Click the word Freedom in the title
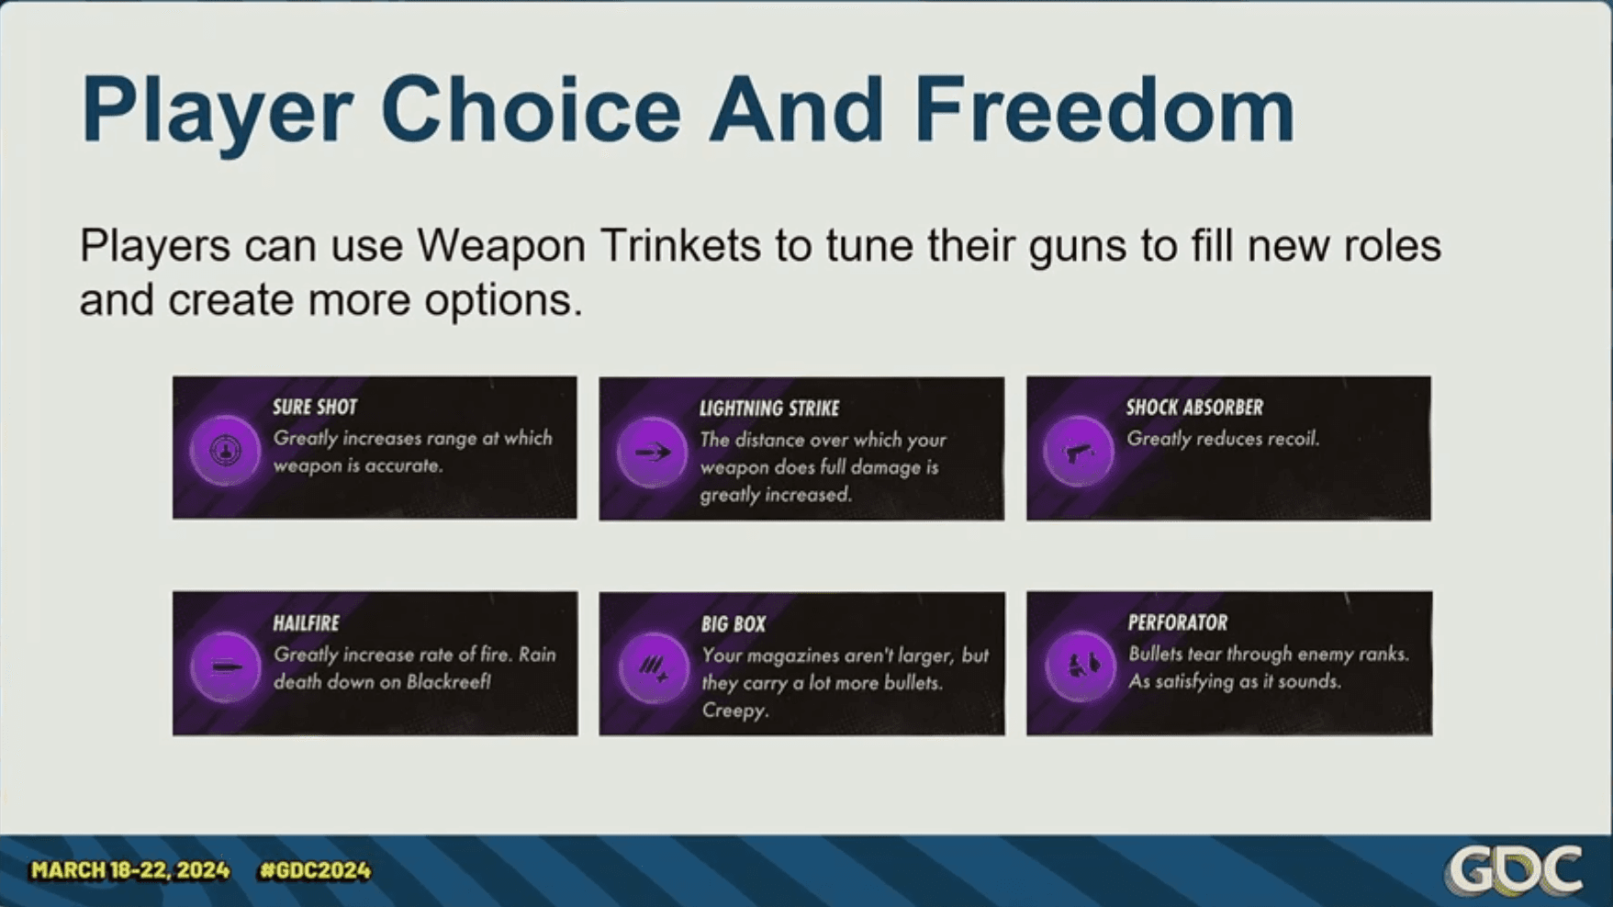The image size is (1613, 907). [1104, 109]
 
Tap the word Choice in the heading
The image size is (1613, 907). [531, 109]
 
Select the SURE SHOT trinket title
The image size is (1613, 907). [315, 407]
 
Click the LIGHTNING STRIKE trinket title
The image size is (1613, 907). [769, 409]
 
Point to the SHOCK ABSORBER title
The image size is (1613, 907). [1194, 407]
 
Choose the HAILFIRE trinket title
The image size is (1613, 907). [306, 623]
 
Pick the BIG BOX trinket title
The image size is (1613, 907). [733, 624]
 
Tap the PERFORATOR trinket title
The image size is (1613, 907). [1177, 622]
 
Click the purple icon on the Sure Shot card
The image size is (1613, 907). [225, 450]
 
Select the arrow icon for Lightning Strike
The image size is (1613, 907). [652, 452]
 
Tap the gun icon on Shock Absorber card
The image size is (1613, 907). [1079, 451]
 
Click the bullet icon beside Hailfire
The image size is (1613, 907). [225, 666]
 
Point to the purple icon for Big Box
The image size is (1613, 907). [653, 667]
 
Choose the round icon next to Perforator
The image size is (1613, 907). [1080, 666]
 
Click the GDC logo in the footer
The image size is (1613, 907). [1513, 868]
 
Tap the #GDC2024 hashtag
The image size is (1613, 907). [315, 870]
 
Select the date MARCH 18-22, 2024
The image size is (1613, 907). [129, 870]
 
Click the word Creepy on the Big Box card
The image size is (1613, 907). [734, 711]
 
